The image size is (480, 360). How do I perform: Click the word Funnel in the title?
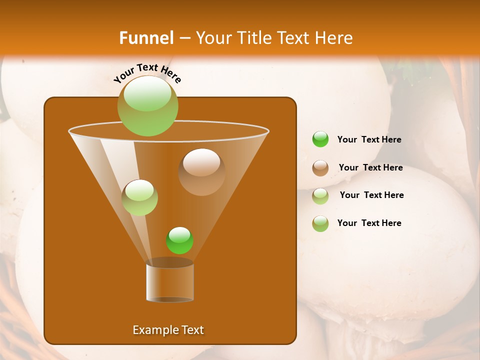coord(146,38)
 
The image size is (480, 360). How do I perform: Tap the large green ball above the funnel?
coord(148,106)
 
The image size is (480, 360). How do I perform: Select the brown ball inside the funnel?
coord(201,172)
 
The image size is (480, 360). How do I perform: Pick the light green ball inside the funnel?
coord(139,197)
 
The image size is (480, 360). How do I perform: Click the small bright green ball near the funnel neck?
coord(179,240)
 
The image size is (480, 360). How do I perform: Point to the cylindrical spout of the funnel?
coord(170,282)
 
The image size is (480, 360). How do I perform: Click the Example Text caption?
coord(168,330)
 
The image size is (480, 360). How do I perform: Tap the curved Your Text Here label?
coord(147,73)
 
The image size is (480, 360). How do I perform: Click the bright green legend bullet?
coord(320,139)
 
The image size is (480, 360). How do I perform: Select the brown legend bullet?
coord(320,168)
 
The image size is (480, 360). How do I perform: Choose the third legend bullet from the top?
coord(320,196)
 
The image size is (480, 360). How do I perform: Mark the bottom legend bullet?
coord(320,223)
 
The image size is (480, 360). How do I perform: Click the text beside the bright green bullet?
coord(369,140)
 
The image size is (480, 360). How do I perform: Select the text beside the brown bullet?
coord(370,168)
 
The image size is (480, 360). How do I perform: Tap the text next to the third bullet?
coord(371,195)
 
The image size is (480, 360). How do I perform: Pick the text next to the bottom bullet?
coord(369,223)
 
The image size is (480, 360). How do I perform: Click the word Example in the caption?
coord(152,330)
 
